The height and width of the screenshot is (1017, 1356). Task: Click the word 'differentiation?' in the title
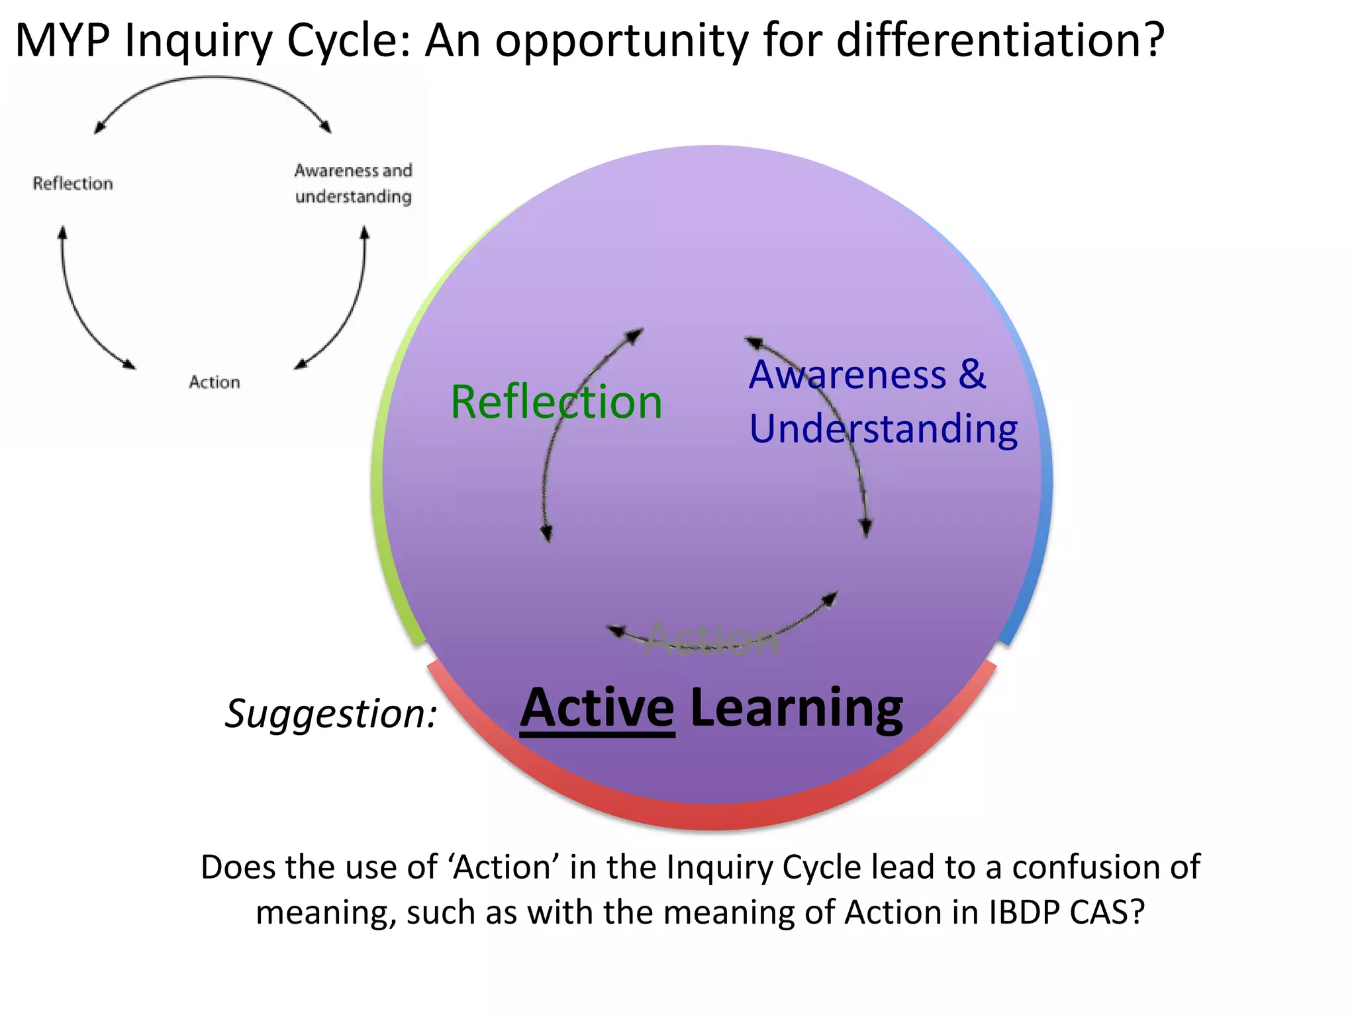click(1000, 41)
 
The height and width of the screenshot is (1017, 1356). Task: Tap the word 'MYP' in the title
click(62, 41)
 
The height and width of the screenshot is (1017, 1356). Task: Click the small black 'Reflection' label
click(73, 183)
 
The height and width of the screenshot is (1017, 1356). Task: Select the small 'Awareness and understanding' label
click(353, 183)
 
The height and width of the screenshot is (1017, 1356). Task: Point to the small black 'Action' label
click(214, 382)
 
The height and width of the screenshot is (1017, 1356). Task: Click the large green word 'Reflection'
click(556, 402)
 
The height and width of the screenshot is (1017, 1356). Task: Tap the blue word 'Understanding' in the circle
click(883, 429)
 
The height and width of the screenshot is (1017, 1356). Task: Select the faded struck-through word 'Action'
click(712, 640)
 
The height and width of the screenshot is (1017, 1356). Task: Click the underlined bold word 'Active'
click(597, 708)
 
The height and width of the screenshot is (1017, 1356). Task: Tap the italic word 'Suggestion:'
click(331, 714)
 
